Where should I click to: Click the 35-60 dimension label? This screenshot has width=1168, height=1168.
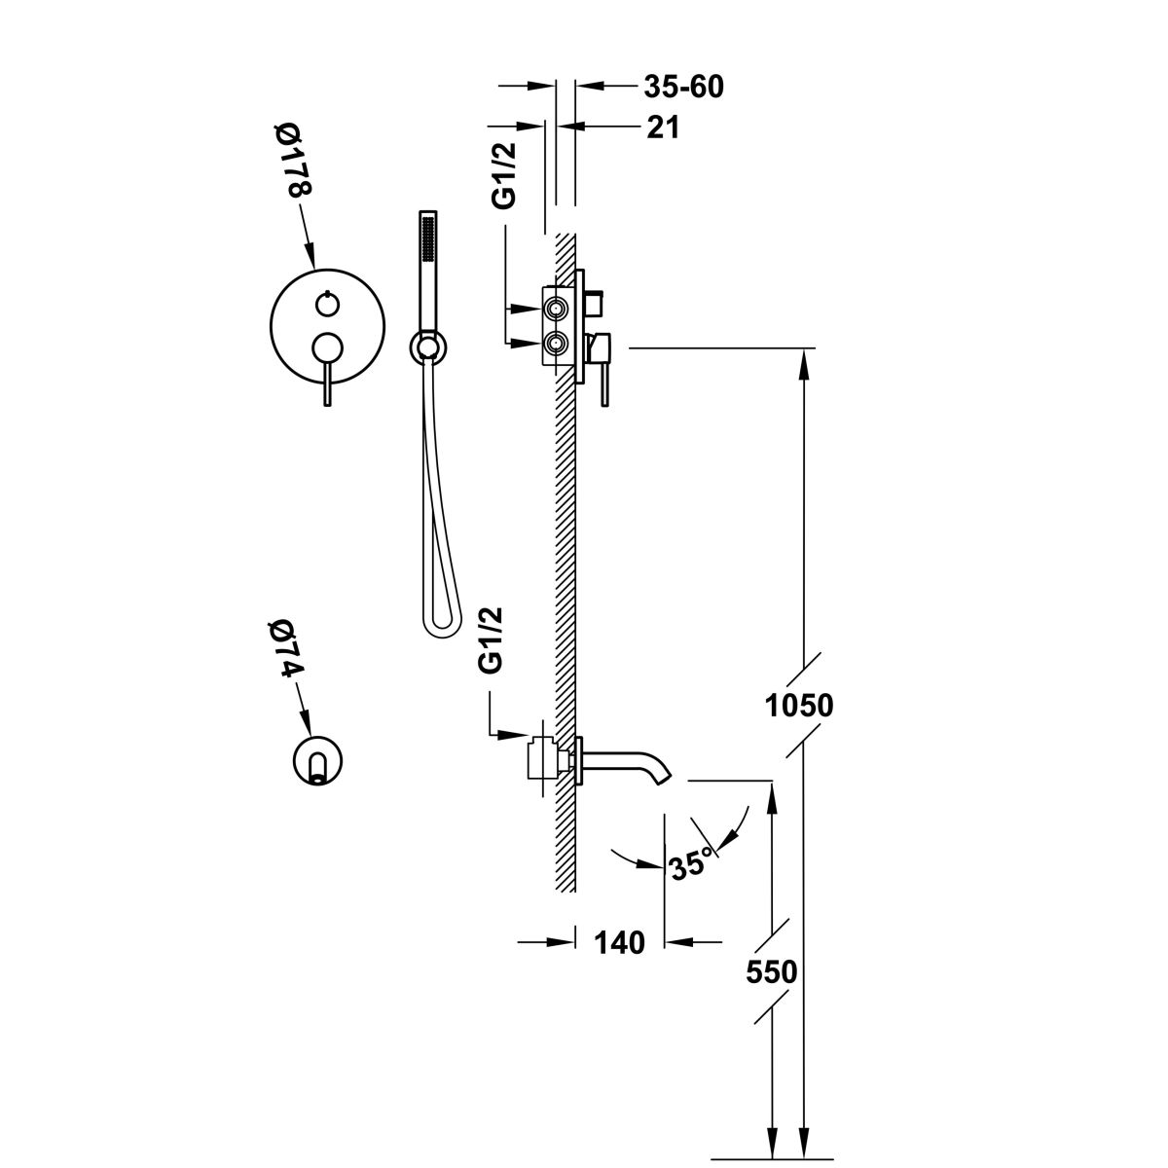[x=683, y=87]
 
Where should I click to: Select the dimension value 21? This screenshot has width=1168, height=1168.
[x=662, y=127]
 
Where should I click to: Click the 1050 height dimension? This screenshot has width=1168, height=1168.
[x=798, y=704]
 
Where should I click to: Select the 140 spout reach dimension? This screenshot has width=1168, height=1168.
[x=619, y=942]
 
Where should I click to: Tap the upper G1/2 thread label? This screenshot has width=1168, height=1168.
[x=504, y=175]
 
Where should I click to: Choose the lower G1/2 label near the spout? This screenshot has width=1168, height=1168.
[x=491, y=639]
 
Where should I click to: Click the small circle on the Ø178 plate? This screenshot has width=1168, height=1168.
[x=326, y=306]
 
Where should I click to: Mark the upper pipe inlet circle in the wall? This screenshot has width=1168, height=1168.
[x=557, y=310]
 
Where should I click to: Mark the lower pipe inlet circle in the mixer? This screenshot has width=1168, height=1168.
[x=557, y=343]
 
